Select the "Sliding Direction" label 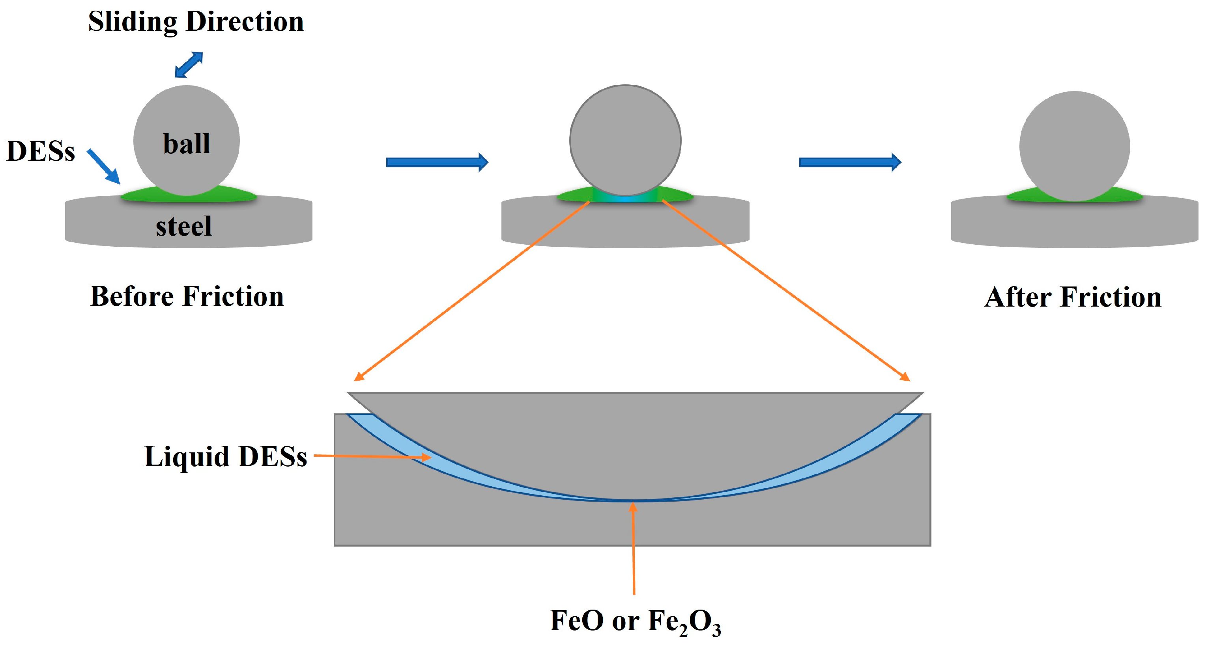(196, 22)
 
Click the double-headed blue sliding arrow (189, 65)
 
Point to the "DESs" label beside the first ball (41, 152)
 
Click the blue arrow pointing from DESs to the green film (104, 166)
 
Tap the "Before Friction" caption (187, 296)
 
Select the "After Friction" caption (1073, 298)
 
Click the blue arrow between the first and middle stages (437, 162)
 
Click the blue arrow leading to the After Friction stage (850, 162)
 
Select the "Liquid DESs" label (225, 456)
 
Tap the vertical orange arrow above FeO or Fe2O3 (634, 547)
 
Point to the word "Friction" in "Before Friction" (233, 296)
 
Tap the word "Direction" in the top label (245, 22)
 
